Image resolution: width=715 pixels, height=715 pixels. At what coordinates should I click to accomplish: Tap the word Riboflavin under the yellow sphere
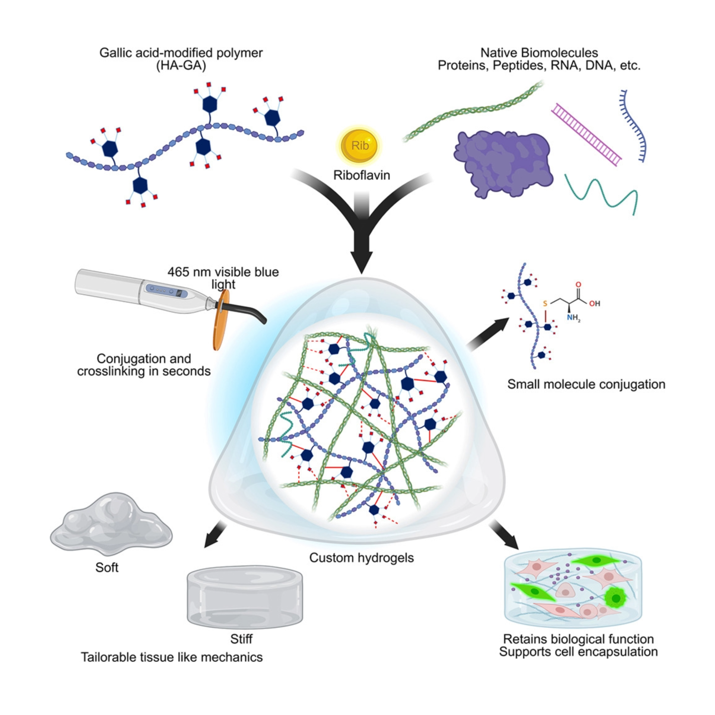[362, 175]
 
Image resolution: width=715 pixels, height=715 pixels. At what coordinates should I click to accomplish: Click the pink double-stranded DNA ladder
[586, 134]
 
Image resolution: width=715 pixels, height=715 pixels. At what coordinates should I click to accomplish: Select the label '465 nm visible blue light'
[223, 278]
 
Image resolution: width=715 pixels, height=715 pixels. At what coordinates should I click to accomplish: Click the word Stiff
[241, 639]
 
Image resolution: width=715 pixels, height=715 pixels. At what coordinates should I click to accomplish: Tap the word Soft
[107, 568]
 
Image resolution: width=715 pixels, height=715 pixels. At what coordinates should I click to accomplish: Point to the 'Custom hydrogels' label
[362, 557]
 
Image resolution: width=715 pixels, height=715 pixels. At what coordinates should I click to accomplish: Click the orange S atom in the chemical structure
[545, 304]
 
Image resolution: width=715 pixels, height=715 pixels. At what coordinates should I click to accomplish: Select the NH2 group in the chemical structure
[573, 318]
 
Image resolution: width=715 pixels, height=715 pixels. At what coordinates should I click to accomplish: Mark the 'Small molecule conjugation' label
[586, 384]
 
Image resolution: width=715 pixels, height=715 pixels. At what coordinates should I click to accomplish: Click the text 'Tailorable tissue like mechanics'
[172, 657]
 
